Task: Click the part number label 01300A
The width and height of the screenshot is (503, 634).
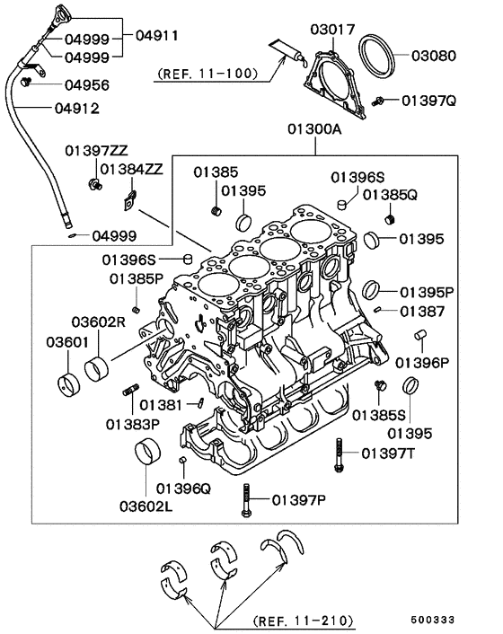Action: tap(315, 129)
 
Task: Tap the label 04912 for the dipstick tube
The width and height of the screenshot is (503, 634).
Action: tap(75, 109)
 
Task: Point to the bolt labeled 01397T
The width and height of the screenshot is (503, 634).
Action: tap(340, 453)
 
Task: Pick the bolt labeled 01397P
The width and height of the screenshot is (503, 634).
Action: tap(244, 498)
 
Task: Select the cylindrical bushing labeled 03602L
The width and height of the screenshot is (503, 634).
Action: tap(147, 453)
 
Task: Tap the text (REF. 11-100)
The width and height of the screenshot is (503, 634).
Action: tap(207, 73)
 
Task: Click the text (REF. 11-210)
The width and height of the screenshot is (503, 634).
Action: tap(303, 621)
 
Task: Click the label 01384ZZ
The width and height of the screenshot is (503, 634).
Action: tap(131, 168)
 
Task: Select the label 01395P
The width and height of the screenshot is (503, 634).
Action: tap(428, 292)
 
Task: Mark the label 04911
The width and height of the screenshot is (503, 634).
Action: tap(157, 36)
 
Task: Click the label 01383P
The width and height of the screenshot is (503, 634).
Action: tap(132, 422)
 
